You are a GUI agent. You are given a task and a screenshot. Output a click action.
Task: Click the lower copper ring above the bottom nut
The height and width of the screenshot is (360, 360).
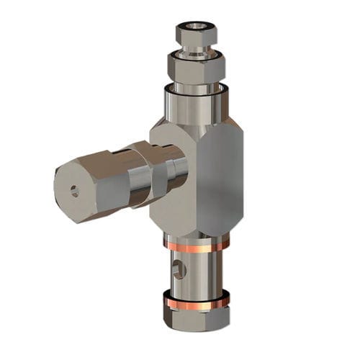pyautogui.click(x=197, y=303)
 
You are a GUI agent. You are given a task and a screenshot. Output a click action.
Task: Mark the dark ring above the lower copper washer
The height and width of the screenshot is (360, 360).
pyautogui.click(x=197, y=294)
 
